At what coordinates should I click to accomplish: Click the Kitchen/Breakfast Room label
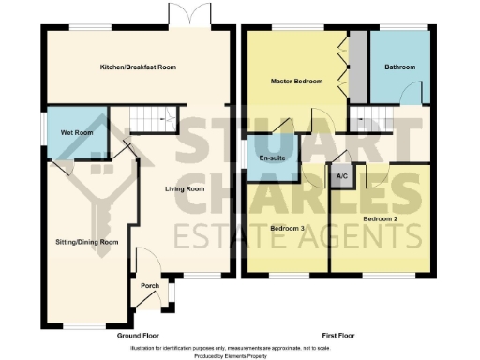click(139, 67)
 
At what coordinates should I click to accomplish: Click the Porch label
click(147, 286)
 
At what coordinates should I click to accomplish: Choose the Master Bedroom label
click(296, 82)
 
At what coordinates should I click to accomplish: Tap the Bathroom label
click(400, 67)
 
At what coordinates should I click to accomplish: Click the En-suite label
click(271, 157)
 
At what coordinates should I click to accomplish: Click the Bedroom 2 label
click(381, 218)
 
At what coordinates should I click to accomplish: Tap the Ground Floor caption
click(138, 335)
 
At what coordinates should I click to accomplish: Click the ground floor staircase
click(151, 119)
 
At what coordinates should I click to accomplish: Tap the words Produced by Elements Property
click(240, 356)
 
